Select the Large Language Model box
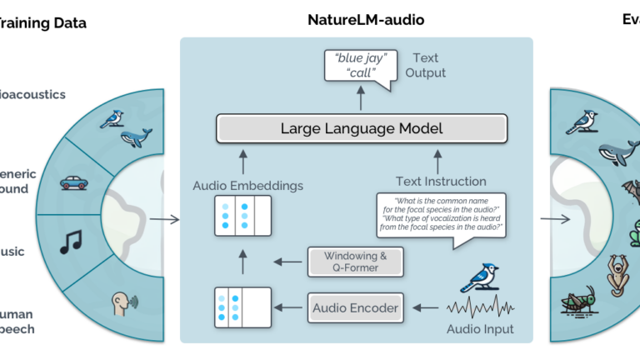362,129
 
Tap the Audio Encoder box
356,309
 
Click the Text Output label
429,66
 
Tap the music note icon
69,243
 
